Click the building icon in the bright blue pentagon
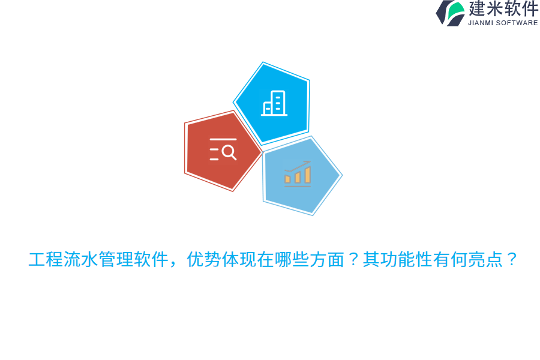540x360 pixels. click(x=274, y=103)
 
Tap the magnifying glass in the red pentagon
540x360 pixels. click(x=229, y=152)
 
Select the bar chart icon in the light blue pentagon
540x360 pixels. click(x=298, y=174)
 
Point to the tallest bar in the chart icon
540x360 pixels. click(x=308, y=175)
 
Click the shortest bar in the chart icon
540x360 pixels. click(x=287, y=179)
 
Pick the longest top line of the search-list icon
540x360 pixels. click(x=223, y=140)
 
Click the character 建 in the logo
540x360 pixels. click(x=478, y=9)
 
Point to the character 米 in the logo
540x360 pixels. click(x=495, y=9)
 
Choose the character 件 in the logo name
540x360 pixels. click(x=530, y=9)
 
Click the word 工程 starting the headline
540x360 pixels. click(x=46, y=260)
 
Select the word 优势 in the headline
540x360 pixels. click(x=205, y=260)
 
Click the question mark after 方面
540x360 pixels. click(x=354, y=260)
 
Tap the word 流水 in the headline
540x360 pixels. click(x=81, y=260)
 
